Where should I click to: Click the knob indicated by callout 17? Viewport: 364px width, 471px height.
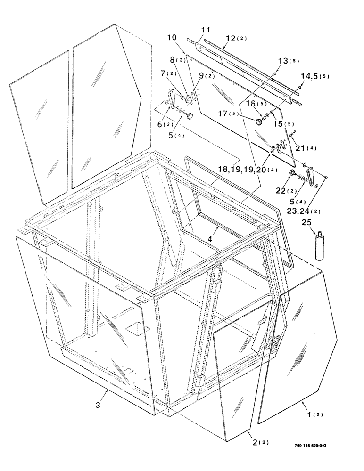click(x=259, y=122)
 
